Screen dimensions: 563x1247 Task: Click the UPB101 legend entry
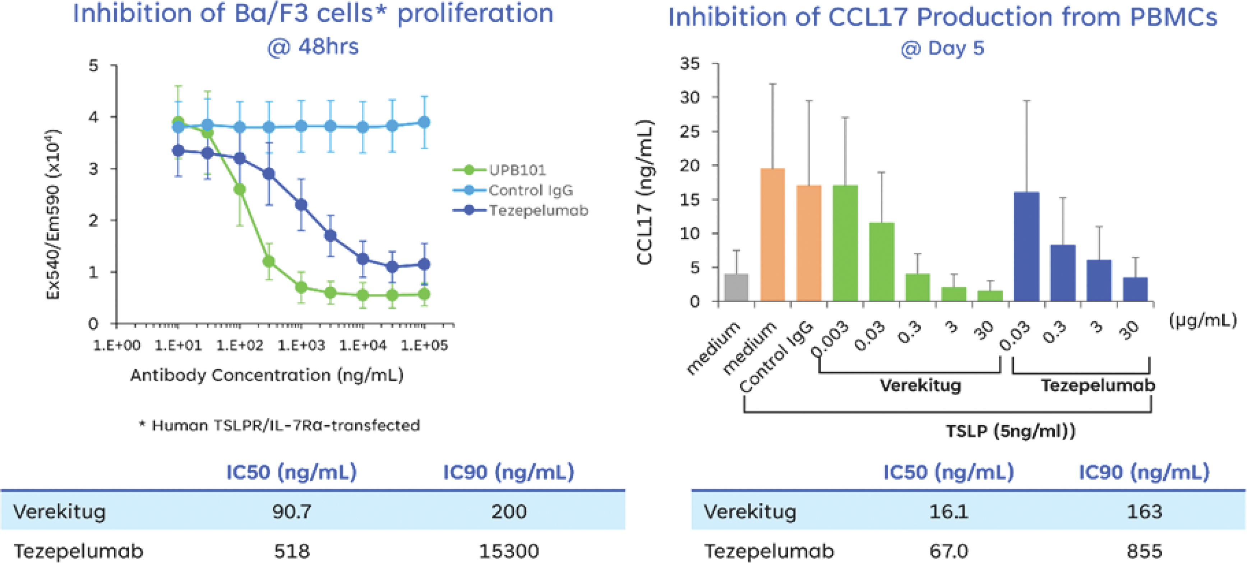pyautogui.click(x=517, y=170)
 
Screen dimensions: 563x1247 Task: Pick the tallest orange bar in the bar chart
pyautogui.click(x=773, y=234)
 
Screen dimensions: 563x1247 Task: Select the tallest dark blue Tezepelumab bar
pyautogui.click(x=1026, y=247)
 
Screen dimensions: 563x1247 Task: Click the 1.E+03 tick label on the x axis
pyautogui.click(x=301, y=345)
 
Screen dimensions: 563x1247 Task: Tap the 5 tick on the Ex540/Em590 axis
pyautogui.click(x=93, y=65)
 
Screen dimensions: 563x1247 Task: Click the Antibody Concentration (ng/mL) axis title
pyautogui.click(x=267, y=375)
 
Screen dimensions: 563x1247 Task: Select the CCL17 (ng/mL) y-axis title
pyautogui.click(x=645, y=192)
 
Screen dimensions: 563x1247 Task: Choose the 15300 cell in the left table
pyautogui.click(x=508, y=551)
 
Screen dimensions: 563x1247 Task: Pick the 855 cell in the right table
pyautogui.click(x=1144, y=551)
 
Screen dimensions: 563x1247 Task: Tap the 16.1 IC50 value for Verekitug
pyautogui.click(x=948, y=511)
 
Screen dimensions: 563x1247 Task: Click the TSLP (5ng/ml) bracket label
pyautogui.click(x=1010, y=431)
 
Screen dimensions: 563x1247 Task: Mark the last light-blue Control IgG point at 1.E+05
pyautogui.click(x=424, y=122)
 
